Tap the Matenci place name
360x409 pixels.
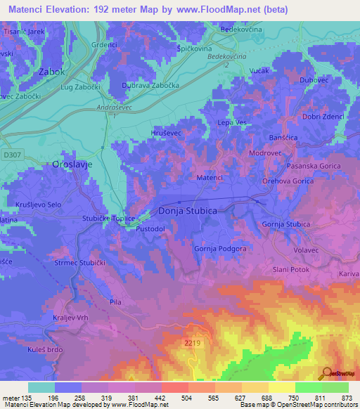209,178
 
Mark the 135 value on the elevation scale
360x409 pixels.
23,398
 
